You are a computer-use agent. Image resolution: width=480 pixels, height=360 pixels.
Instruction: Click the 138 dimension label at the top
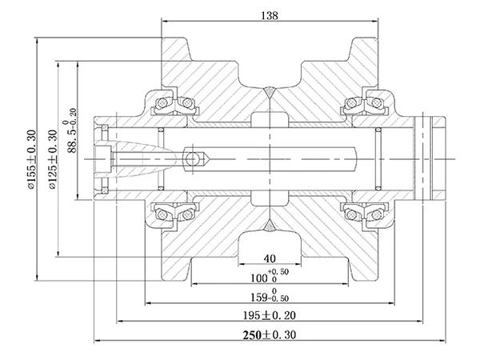(270, 16)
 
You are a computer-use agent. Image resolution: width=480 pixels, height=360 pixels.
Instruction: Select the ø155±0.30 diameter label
(32, 159)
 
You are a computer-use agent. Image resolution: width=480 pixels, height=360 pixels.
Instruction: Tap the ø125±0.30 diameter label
(52, 159)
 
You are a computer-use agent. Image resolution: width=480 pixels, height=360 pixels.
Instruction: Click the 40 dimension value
(270, 258)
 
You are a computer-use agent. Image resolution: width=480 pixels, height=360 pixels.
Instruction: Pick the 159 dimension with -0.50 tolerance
(270, 294)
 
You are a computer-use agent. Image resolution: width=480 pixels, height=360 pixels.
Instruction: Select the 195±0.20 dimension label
(270, 315)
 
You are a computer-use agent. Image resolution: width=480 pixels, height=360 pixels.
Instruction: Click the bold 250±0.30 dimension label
(270, 335)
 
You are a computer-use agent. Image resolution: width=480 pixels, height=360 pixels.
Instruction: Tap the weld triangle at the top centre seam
(270, 92)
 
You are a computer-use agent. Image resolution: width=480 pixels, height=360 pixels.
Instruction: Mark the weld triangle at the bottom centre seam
(270, 226)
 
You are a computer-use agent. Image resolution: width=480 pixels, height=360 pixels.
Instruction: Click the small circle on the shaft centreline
(192, 159)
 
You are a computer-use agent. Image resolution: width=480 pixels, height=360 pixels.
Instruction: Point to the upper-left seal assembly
(174, 103)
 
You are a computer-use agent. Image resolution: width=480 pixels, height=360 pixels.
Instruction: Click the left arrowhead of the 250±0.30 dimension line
(98, 341)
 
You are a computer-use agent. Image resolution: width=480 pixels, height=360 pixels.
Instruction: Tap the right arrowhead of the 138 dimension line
(374, 22)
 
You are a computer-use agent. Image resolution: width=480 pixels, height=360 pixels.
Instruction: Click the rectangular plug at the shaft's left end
(102, 159)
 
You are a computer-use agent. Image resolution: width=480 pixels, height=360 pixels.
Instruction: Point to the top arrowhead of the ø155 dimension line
(37, 42)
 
